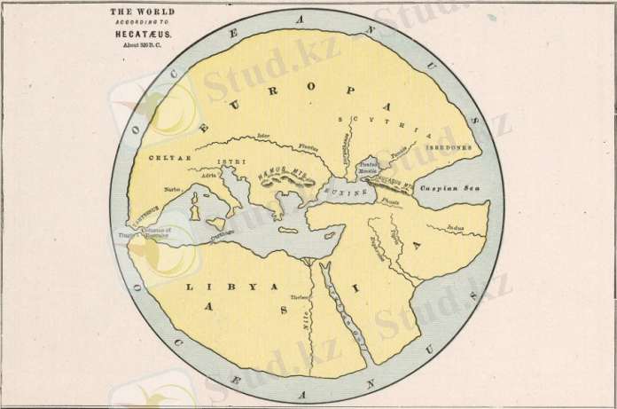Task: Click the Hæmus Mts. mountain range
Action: pos(286,176)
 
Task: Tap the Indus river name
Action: pos(456,226)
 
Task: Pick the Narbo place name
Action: pos(173,188)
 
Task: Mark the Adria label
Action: pos(209,176)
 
